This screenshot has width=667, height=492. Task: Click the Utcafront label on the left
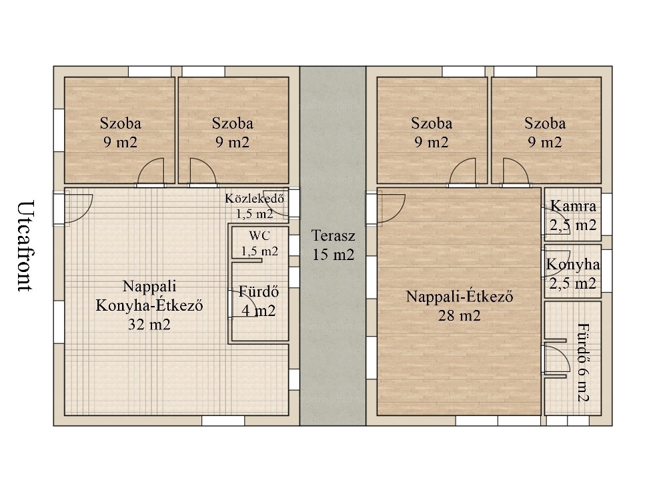point(25,246)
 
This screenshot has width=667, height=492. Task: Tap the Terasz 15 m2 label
point(333,245)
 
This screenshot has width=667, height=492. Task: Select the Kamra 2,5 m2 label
point(573,215)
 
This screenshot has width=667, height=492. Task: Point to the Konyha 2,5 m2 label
point(573,273)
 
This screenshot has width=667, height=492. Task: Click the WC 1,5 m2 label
point(259,243)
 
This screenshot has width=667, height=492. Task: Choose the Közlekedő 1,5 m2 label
point(255,206)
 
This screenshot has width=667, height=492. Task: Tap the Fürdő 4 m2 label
point(259,301)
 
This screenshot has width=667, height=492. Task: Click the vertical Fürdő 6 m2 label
point(583,363)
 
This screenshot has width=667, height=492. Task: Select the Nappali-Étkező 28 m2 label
point(460,305)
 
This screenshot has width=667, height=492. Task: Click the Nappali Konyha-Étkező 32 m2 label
point(149,305)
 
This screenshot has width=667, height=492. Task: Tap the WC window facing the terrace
point(294,245)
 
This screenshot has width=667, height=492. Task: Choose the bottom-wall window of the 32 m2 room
point(223,421)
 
